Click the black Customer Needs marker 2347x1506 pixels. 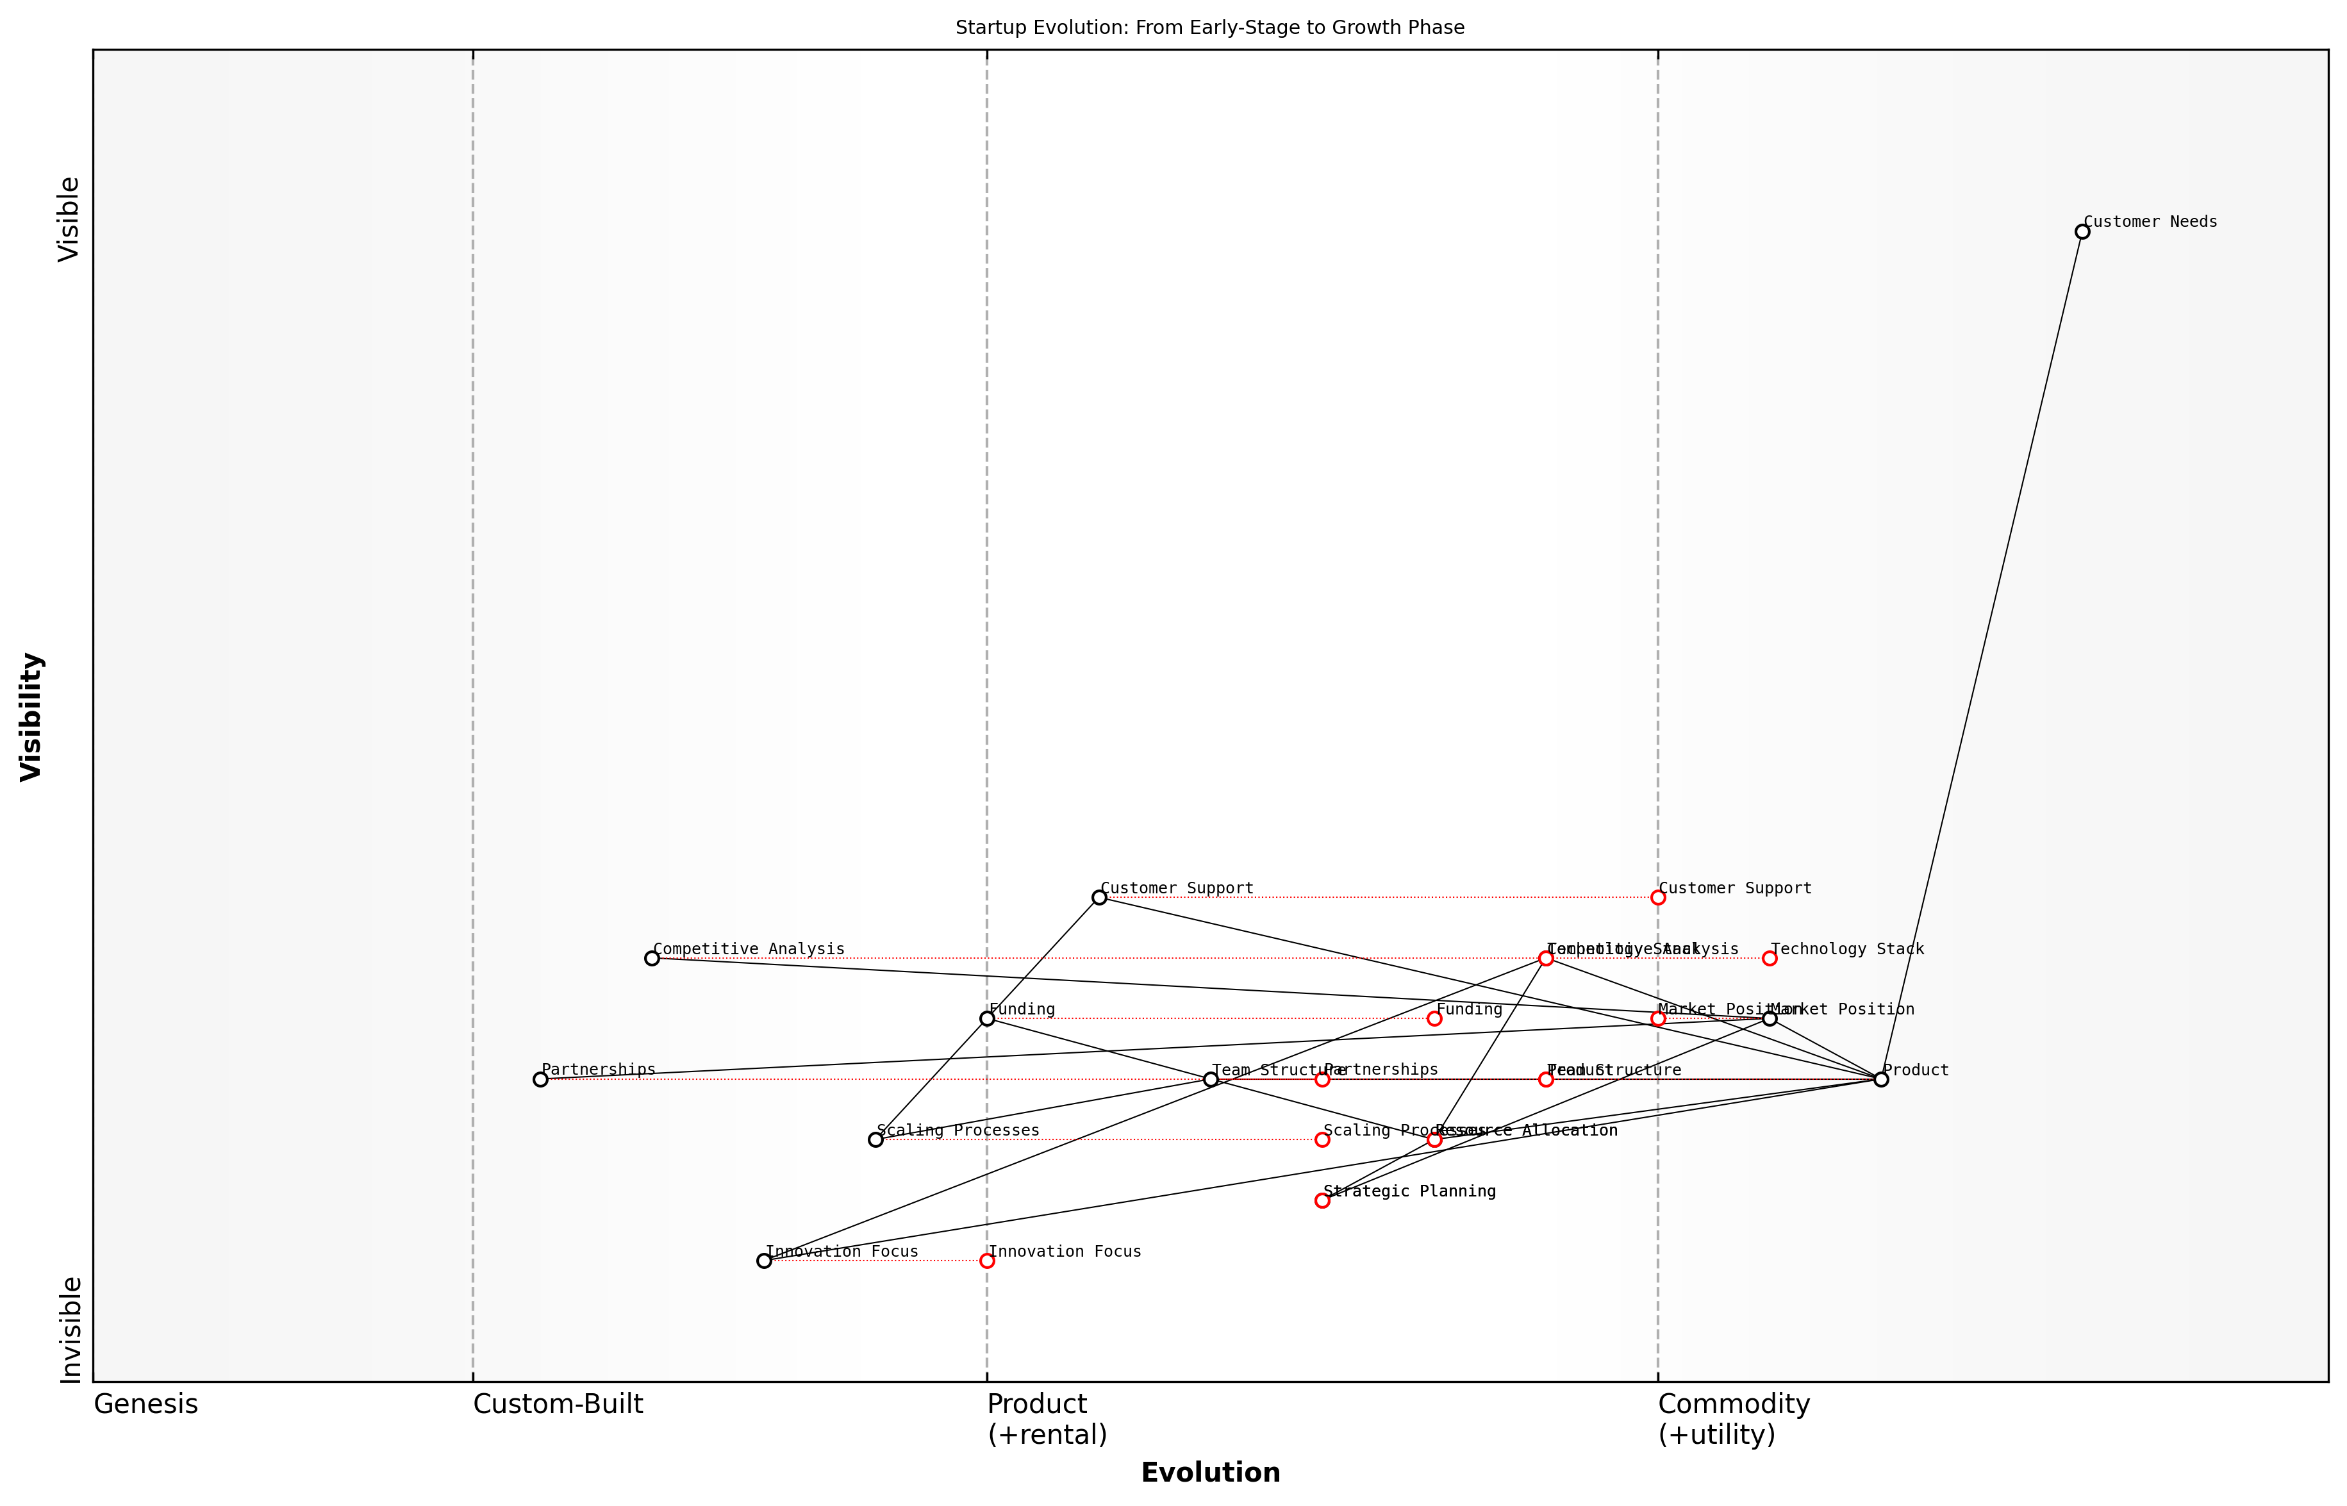pos(2082,232)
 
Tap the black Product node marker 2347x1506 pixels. pos(1880,1080)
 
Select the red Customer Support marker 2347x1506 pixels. pos(1657,898)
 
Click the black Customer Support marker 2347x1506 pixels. pos(1099,898)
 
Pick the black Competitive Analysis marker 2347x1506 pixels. pos(652,958)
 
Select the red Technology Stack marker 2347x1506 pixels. pos(1769,958)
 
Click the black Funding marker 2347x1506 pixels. pos(987,1019)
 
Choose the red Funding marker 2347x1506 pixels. pos(1434,1019)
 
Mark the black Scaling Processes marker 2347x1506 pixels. pos(875,1139)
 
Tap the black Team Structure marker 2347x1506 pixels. pos(1211,1080)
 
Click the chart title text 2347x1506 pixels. pos(1209,28)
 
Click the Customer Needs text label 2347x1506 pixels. pos(2150,222)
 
